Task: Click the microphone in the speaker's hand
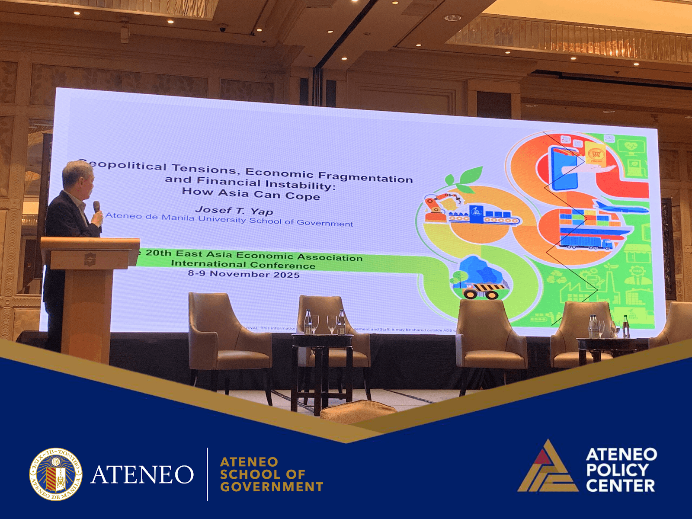coord(97,207)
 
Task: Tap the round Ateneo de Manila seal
coord(56,474)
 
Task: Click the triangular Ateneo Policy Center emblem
coord(548,468)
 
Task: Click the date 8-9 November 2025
coord(243,274)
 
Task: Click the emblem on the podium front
coord(90,259)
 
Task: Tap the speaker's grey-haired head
coord(78,177)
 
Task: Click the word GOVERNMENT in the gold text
coord(272,487)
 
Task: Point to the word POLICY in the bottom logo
coord(617,470)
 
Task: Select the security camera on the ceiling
coord(222,28)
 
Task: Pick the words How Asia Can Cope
coord(251,194)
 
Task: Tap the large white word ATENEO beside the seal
coord(142,475)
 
